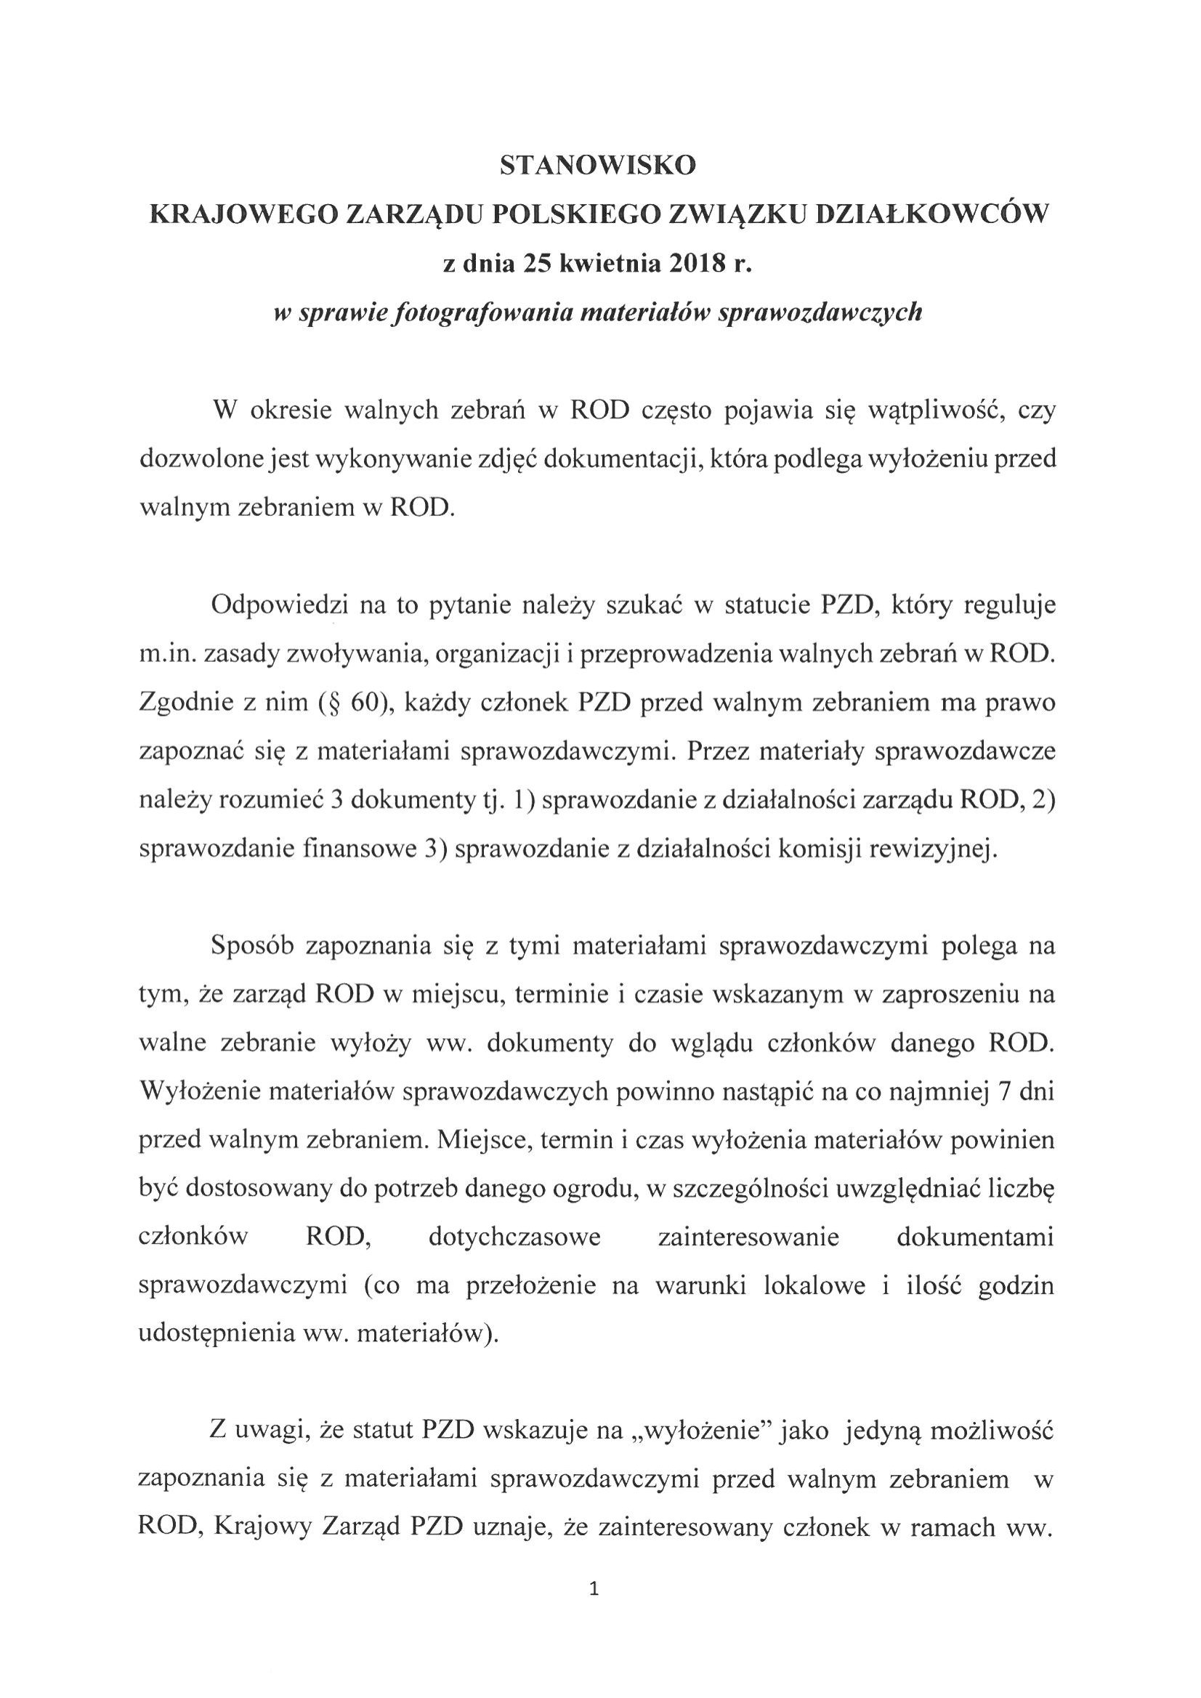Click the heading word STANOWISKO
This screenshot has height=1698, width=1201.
pos(598,166)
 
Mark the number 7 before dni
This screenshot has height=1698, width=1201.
pos(1004,1093)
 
